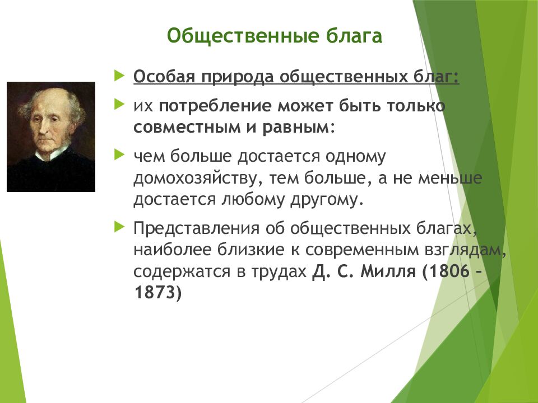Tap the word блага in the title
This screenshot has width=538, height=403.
tap(354, 36)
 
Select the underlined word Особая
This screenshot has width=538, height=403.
tap(164, 76)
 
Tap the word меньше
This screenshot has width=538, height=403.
tap(450, 178)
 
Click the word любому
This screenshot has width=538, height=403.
tap(253, 199)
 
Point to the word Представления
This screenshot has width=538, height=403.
tap(196, 228)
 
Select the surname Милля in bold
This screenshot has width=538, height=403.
tap(388, 272)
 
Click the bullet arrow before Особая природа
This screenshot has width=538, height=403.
tap(119, 76)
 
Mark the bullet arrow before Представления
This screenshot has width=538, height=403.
tap(119, 227)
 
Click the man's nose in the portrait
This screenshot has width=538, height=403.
tap(43, 128)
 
